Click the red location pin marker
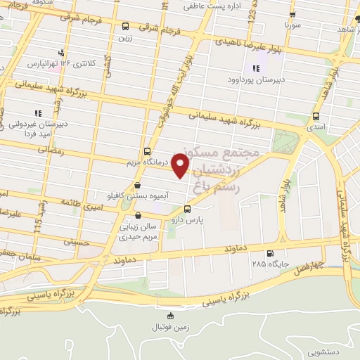[181, 166]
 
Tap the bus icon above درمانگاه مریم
[147, 151]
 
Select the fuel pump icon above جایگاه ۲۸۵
[270, 254]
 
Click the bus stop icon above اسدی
[316, 116]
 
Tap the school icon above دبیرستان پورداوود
[255, 69]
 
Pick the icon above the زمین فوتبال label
[169, 316]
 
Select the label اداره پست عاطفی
[208, 6]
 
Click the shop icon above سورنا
[291, 13]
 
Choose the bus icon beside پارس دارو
[186, 209]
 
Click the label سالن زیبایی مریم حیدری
[138, 233]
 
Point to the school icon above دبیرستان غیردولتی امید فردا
[39, 112]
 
